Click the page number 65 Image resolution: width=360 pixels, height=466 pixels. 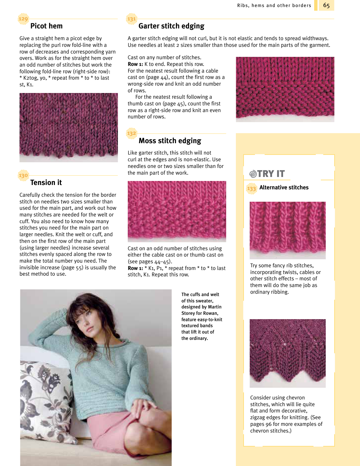pyautogui.click(x=326, y=5)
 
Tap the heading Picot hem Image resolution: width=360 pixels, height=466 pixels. pyautogui.click(x=46, y=26)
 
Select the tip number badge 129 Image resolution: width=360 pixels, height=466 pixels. pyautogui.click(x=23, y=19)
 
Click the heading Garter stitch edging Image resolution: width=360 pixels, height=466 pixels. pyautogui.click(x=171, y=26)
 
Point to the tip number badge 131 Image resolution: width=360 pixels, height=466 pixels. pyautogui.click(x=131, y=19)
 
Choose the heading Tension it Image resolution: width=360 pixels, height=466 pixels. pyautogui.click(x=46, y=183)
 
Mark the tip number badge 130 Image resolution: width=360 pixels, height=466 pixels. pyautogui.click(x=23, y=175)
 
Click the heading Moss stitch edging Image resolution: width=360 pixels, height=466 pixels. pyautogui.click(x=170, y=141)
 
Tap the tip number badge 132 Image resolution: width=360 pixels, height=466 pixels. pyautogui.click(x=131, y=133)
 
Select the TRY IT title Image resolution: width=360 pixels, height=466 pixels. pyautogui.click(x=267, y=174)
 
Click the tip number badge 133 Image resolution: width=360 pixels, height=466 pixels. pyautogui.click(x=251, y=189)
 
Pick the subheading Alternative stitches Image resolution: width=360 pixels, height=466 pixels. pyautogui.click(x=284, y=188)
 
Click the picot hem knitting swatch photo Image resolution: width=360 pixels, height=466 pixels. pyautogui.click(x=69, y=127)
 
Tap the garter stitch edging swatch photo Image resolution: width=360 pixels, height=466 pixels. pyautogui.click(x=285, y=89)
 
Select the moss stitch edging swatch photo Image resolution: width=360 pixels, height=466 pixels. pyautogui.click(x=177, y=211)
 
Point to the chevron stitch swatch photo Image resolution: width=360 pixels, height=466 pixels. pyautogui.click(x=287, y=353)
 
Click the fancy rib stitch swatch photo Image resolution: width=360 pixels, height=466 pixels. pyautogui.click(x=287, y=230)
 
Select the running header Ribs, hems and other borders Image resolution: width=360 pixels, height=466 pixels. pyautogui.click(x=274, y=5)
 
